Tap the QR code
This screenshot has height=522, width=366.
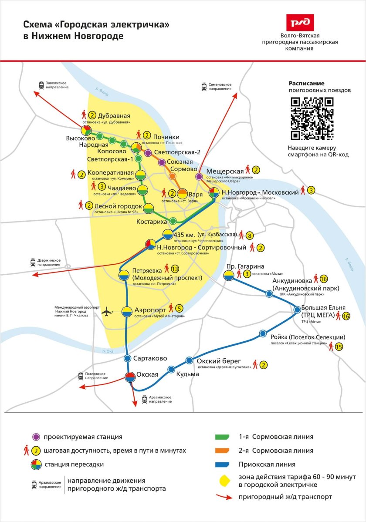[x=312, y=118]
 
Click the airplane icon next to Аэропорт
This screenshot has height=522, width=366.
[x=106, y=312]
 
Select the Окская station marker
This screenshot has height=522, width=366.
[x=130, y=377]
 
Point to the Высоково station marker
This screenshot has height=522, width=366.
[x=85, y=130]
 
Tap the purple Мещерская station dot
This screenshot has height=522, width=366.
[x=199, y=177]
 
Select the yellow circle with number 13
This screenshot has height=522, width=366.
[x=175, y=269]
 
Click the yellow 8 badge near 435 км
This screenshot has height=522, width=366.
[x=250, y=236]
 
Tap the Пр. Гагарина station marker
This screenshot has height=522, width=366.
[x=228, y=275]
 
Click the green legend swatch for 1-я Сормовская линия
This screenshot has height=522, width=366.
[x=226, y=437]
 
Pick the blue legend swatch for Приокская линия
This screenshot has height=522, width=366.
[x=226, y=464]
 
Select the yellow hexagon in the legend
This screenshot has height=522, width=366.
[x=226, y=479]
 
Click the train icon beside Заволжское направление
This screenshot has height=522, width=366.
[x=41, y=85]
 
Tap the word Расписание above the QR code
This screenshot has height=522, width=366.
[x=307, y=84]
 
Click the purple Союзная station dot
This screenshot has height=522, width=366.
[x=162, y=162]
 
